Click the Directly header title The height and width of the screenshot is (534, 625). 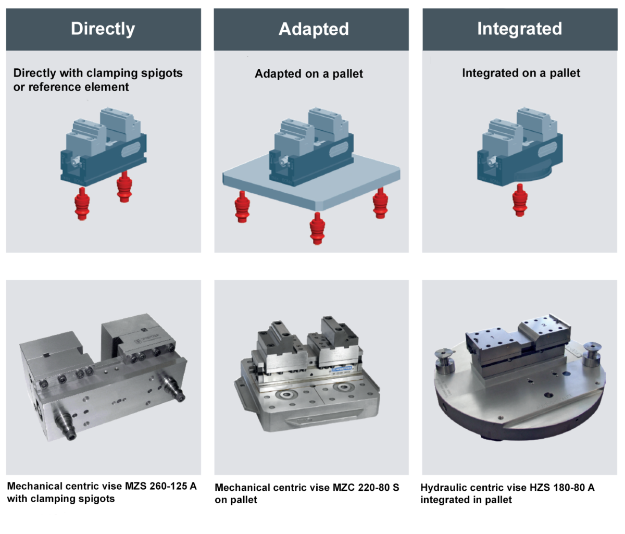[103, 29]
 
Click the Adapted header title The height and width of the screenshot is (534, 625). [314, 29]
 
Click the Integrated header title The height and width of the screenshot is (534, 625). [519, 29]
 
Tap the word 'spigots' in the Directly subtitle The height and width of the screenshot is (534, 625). [160, 73]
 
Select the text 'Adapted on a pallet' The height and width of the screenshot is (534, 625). [309, 74]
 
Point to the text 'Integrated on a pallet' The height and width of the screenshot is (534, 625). [521, 73]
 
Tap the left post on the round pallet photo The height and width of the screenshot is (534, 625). [444, 359]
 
